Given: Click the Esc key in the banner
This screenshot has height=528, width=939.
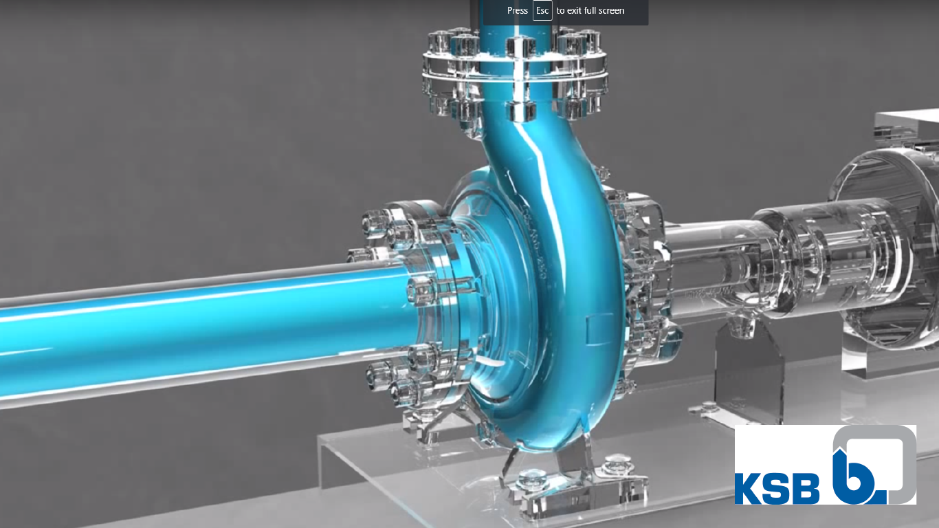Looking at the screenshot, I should tap(542, 11).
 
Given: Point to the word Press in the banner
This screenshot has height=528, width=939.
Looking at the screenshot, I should tap(518, 11).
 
